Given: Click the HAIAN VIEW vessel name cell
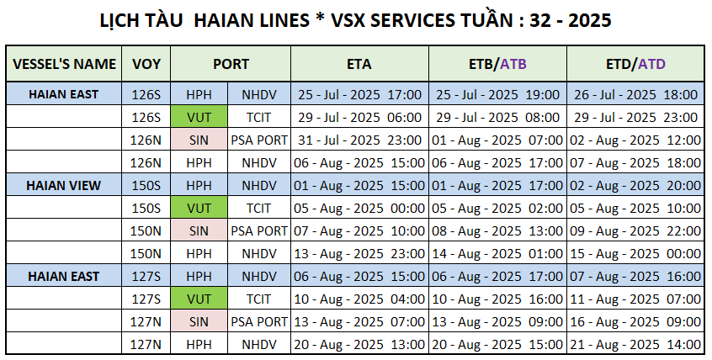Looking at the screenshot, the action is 64,185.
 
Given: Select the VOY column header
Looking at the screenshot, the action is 146,64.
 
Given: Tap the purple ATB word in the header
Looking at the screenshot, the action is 513,64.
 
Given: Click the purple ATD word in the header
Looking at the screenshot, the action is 651,64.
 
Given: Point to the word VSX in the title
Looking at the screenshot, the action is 352,20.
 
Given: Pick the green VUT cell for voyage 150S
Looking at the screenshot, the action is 199,208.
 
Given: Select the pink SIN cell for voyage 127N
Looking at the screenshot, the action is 199,321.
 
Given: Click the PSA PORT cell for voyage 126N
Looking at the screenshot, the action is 259,140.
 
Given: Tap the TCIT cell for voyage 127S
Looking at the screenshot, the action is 259,299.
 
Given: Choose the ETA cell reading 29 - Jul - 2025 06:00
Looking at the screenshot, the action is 359,117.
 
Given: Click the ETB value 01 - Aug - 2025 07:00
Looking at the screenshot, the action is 497,140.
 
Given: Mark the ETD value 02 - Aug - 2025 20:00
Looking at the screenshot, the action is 635,185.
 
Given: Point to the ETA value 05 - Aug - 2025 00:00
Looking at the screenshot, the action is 359,208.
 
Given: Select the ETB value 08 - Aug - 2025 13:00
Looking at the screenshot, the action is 497,230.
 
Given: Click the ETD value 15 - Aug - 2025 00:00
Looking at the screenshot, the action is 635,253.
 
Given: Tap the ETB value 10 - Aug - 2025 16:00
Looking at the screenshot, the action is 497,299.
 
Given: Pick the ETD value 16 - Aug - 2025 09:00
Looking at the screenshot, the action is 635,321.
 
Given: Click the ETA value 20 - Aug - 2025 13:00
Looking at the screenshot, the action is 359,344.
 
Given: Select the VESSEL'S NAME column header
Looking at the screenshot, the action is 64,64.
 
